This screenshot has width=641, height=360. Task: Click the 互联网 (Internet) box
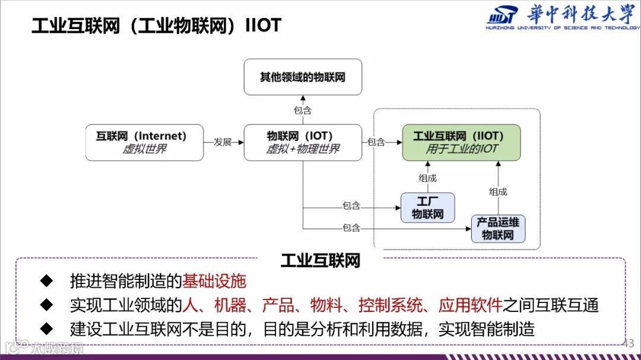(144, 142)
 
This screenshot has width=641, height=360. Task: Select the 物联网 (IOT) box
(303, 142)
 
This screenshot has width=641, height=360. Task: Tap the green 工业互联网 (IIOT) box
(461, 142)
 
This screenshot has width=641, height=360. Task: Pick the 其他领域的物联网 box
(303, 77)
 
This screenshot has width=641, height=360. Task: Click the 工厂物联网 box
(427, 208)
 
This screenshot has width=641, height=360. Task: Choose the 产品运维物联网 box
(498, 229)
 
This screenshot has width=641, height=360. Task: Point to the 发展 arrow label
(223, 142)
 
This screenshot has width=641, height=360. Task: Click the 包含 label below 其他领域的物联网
(303, 110)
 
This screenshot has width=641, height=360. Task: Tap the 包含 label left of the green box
(376, 142)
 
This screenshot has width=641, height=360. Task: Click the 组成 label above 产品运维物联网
(498, 192)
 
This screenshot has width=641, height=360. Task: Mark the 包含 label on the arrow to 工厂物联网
(351, 206)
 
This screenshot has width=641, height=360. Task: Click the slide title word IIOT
(263, 26)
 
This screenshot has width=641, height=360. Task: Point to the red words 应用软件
(470, 305)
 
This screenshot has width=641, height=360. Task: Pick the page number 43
(629, 343)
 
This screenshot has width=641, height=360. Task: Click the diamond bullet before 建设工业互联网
(46, 328)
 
